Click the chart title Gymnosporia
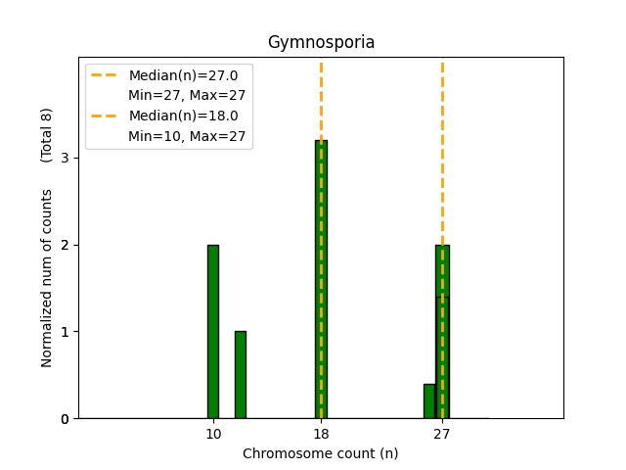click(x=321, y=43)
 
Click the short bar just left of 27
click(x=429, y=400)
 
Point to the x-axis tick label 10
click(x=213, y=434)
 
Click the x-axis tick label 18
click(x=321, y=434)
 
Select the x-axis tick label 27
click(x=442, y=434)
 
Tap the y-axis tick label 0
click(x=65, y=419)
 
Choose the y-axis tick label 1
click(x=65, y=332)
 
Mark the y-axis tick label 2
click(x=65, y=245)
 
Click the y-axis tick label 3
click(x=65, y=158)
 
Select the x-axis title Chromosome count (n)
click(x=321, y=453)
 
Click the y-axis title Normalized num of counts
click(x=47, y=278)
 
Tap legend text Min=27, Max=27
click(x=187, y=95)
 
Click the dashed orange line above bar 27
click(x=442, y=147)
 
